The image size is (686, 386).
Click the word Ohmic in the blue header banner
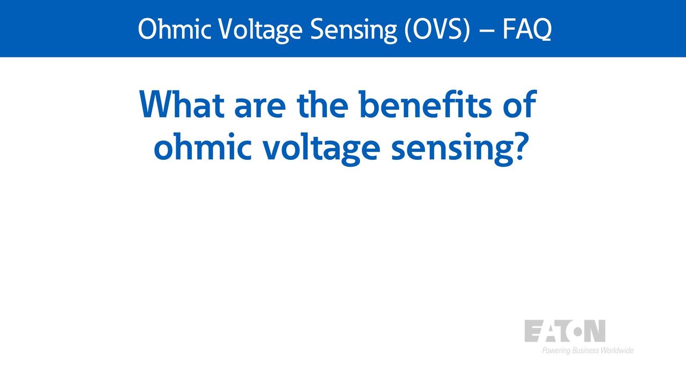(174, 29)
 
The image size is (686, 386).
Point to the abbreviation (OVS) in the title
(437, 29)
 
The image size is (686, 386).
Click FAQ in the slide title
(527, 29)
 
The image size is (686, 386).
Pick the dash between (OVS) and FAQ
(486, 31)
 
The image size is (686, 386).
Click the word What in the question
(182, 104)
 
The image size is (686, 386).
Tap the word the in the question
(323, 104)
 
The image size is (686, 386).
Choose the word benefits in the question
(426, 104)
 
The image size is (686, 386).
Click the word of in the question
(520, 104)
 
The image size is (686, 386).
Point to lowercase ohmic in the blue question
(203, 146)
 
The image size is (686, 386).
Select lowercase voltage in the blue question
(322, 149)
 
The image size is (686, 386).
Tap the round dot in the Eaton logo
(578, 332)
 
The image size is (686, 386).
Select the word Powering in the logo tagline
(556, 351)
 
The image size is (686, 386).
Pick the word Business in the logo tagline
(585, 350)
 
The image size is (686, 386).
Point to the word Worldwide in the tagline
(617, 350)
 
